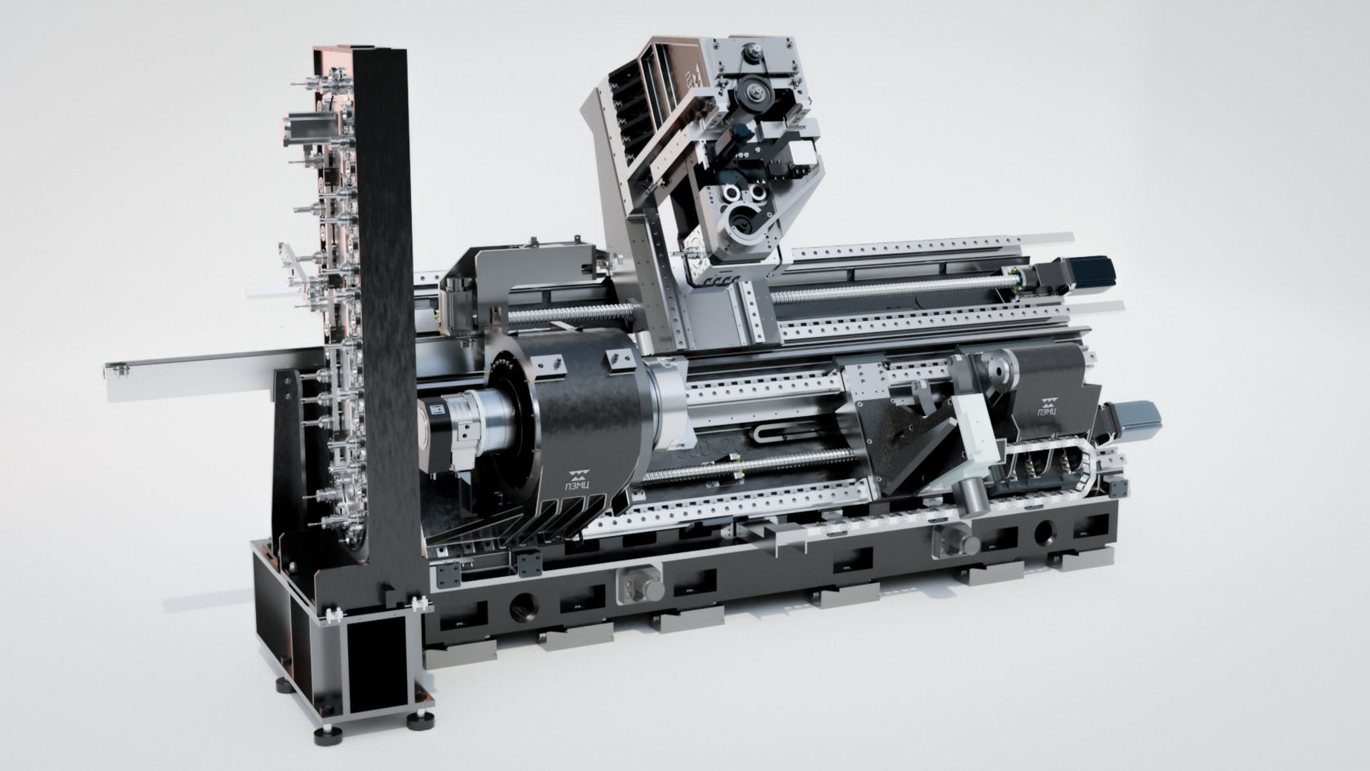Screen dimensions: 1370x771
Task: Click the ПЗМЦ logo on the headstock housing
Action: pos(578,478)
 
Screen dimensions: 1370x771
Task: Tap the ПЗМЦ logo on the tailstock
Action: pos(1048,406)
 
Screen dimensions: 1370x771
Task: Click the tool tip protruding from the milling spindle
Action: pos(681,252)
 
